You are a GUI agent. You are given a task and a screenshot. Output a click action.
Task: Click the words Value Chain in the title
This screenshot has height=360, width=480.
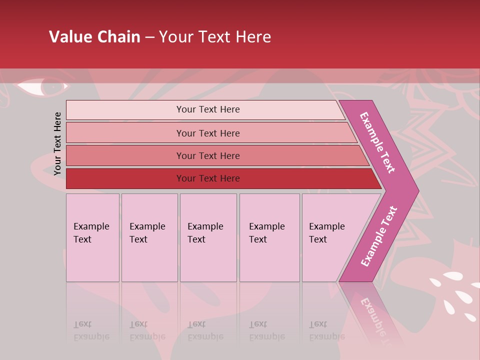click(x=94, y=37)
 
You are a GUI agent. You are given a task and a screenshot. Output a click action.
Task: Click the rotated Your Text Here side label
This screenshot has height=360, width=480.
click(x=57, y=143)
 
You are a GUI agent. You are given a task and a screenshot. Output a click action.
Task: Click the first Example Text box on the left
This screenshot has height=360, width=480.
click(x=92, y=237)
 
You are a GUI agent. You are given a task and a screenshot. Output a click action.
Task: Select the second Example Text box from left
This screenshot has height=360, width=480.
click(x=149, y=237)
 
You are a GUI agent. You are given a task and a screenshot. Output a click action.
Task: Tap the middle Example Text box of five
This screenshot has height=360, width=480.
click(x=208, y=237)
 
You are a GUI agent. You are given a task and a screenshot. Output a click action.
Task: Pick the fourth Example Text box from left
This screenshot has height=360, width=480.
click(x=269, y=237)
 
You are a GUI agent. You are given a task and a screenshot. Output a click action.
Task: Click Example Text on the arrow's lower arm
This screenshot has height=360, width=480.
click(x=379, y=236)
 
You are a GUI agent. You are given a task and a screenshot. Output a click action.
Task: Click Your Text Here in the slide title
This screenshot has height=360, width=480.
click(x=215, y=37)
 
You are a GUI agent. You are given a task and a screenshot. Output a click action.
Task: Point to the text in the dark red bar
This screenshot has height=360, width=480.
click(x=208, y=178)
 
